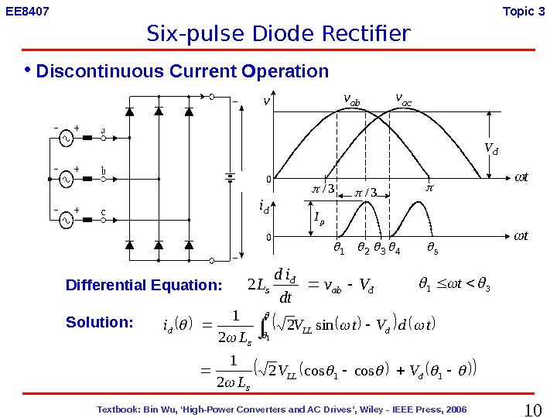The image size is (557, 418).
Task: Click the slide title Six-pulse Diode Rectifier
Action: coord(278,34)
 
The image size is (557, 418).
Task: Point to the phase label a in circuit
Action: coord(103,130)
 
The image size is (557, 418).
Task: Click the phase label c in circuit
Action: coord(103,211)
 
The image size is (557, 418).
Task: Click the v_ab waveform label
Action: coord(351,99)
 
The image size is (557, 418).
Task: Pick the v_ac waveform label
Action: coord(403,98)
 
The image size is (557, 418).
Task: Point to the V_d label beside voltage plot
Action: coord(490,148)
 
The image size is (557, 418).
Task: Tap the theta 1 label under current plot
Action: coord(337,249)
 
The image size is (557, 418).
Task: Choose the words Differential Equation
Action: coord(144,285)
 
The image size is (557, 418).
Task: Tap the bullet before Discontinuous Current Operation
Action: coord(28,71)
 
